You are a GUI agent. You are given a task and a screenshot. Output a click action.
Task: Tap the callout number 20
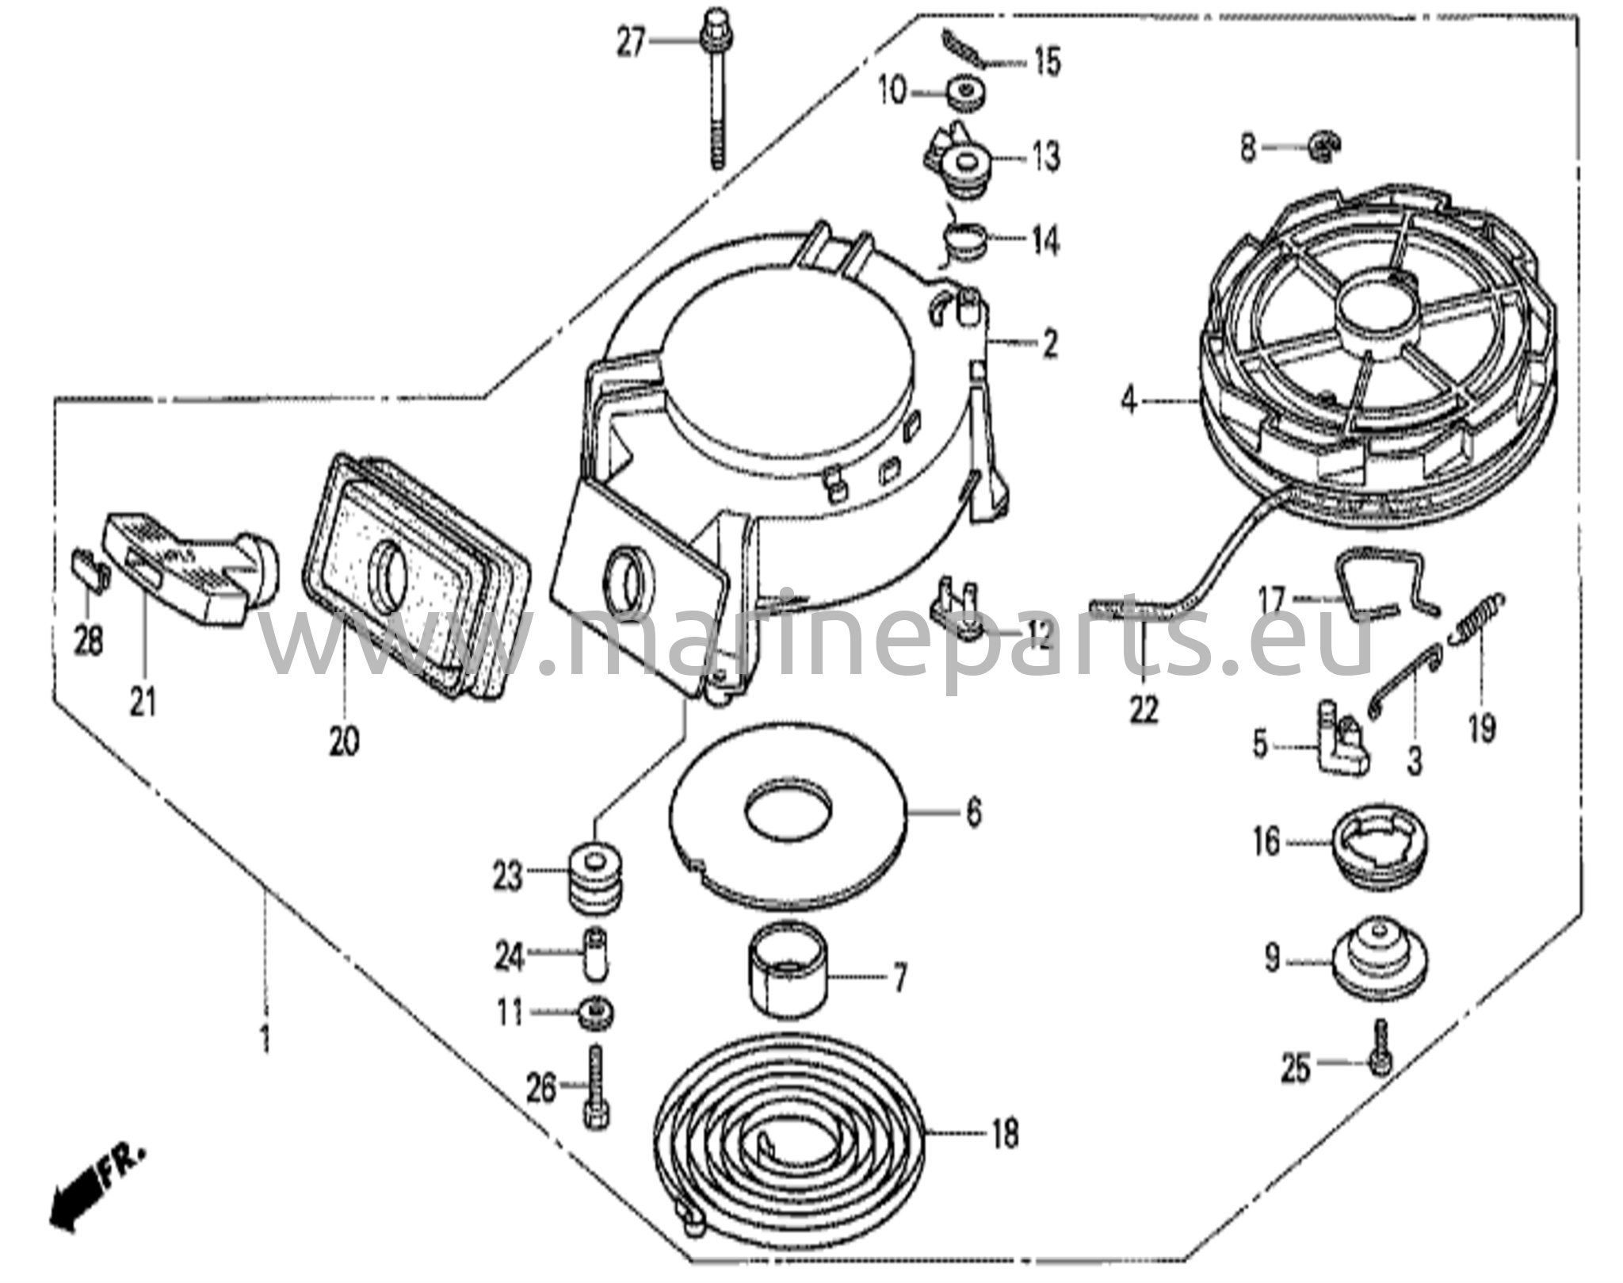pos(346,740)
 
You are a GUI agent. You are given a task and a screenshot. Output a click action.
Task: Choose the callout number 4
pos(1128,402)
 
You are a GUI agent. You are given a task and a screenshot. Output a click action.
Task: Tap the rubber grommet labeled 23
pos(598,875)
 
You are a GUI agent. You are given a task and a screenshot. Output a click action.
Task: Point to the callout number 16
pos(1267,841)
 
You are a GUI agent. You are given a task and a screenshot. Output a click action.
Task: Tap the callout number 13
pos(1046,156)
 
